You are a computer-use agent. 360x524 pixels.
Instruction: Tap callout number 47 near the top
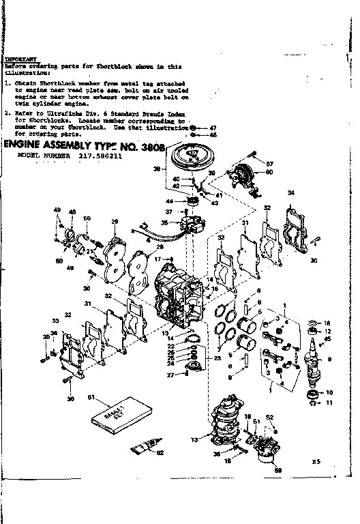pyautogui.click(x=213, y=128)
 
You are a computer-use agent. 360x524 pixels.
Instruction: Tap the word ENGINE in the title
pyautogui.click(x=28, y=145)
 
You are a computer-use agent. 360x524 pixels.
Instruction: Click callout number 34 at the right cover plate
pyautogui.click(x=291, y=193)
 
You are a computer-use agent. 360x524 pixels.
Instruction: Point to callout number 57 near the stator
pyautogui.click(x=269, y=164)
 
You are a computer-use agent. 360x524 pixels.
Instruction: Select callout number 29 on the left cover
pyautogui.click(x=115, y=221)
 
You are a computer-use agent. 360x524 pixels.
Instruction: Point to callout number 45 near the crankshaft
pyautogui.click(x=329, y=339)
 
